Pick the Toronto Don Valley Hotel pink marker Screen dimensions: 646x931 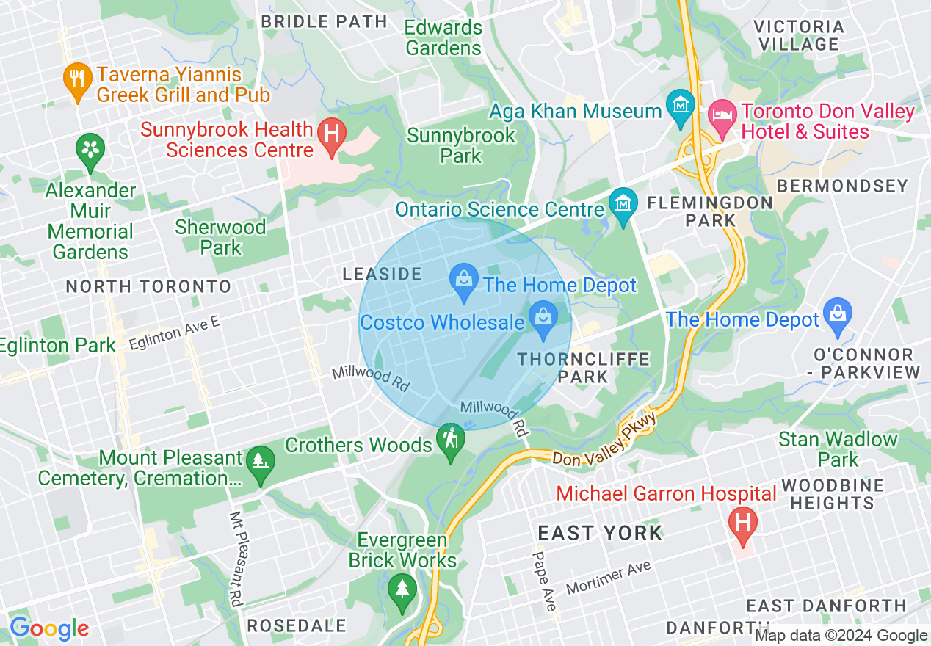click(721, 117)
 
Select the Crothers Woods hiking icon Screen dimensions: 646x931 click(449, 440)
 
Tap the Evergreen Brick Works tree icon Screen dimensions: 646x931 click(402, 590)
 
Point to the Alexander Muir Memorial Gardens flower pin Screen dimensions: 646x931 click(90, 152)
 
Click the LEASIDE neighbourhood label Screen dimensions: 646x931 click(382, 275)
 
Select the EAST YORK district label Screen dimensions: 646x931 click(600, 533)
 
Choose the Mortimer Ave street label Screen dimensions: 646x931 click(609, 579)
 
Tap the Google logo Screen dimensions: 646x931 click(49, 629)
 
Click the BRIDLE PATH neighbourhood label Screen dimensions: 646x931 click(324, 21)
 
